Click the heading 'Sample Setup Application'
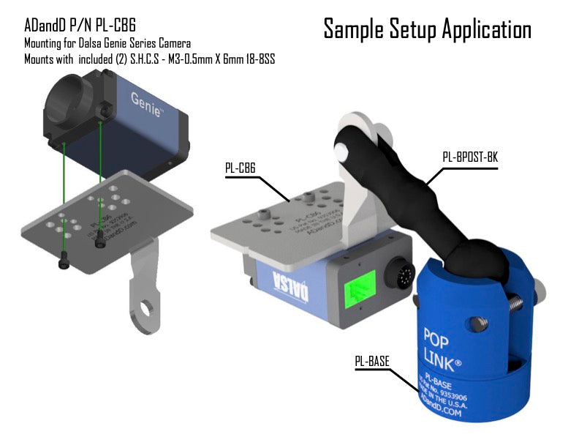click(427, 29)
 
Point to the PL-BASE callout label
click(372, 360)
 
